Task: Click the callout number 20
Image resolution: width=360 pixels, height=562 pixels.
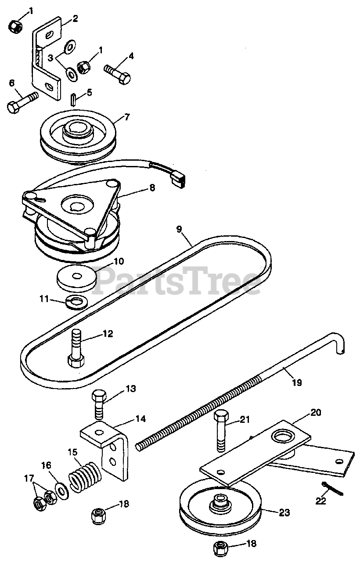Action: pos(315,412)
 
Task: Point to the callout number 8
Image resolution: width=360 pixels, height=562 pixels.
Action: pos(151,187)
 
